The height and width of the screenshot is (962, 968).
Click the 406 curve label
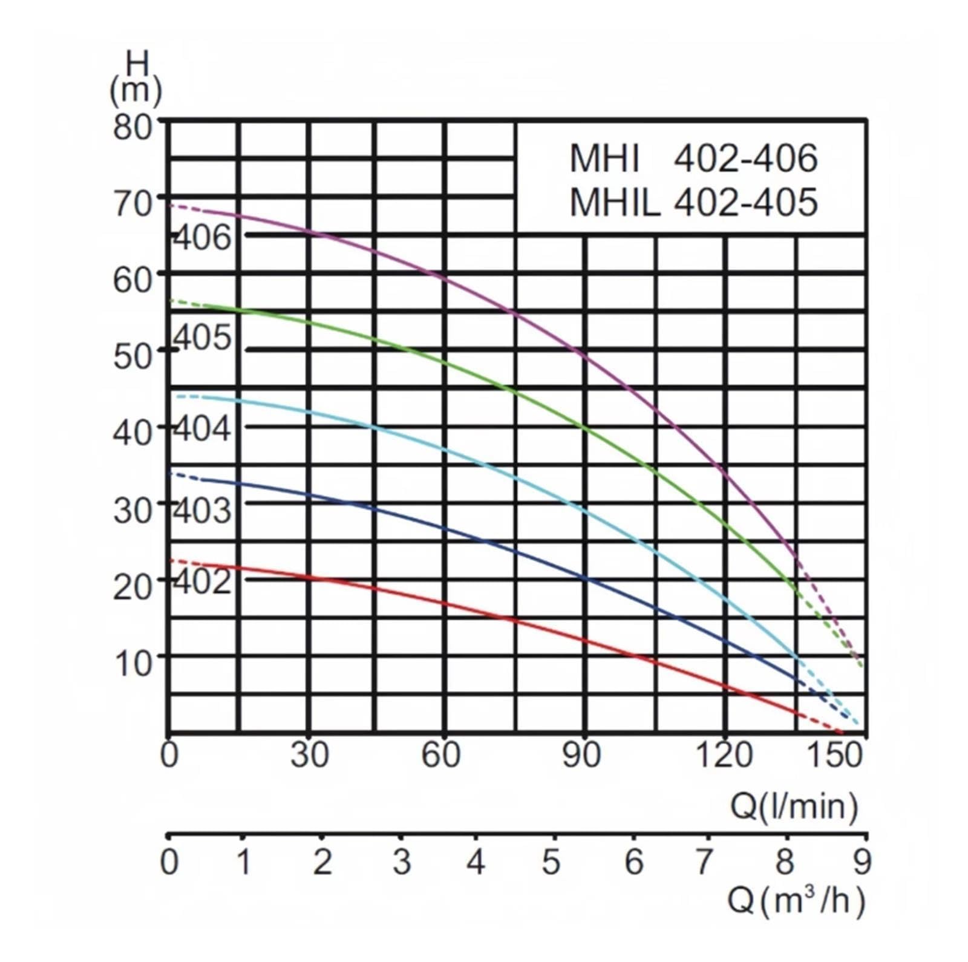[x=202, y=238]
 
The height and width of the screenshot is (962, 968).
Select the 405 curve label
[x=202, y=337]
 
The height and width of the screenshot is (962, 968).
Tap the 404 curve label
[x=202, y=428]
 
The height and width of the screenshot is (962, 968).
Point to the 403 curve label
[x=202, y=510]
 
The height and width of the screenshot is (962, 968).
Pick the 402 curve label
[x=202, y=581]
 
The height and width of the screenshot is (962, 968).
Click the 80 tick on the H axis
[x=132, y=127]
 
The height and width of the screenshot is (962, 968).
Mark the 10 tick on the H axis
[x=132, y=663]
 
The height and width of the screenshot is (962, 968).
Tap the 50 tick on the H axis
[x=132, y=356]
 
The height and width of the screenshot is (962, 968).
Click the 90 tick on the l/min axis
[x=581, y=755]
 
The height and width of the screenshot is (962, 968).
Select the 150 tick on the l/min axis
[x=836, y=755]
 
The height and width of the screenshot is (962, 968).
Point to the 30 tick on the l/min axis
[x=309, y=755]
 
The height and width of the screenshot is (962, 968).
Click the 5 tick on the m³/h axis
[x=551, y=862]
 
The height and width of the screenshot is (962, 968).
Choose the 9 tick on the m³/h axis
[x=862, y=862]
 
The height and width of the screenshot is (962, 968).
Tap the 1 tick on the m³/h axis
[x=243, y=862]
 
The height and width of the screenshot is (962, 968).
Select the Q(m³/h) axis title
[x=796, y=901]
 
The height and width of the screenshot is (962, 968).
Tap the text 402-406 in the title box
[x=745, y=159]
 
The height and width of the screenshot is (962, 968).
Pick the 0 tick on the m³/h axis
[x=169, y=862]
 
